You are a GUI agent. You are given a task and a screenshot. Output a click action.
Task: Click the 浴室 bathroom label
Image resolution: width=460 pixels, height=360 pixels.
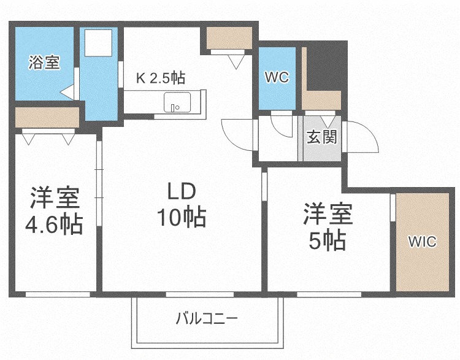44,63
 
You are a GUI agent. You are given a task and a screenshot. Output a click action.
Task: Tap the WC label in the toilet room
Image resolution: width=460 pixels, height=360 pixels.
277,77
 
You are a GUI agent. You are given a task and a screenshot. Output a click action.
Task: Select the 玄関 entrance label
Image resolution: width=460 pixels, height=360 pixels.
322,137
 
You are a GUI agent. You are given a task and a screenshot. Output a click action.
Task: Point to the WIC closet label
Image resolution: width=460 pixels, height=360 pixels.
423,242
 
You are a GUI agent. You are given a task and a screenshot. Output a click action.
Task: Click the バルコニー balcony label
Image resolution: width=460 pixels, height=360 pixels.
207,319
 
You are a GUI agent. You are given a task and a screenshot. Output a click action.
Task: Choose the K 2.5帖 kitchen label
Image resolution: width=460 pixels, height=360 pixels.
161,79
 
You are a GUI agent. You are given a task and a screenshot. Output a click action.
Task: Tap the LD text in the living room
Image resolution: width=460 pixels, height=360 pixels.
182,191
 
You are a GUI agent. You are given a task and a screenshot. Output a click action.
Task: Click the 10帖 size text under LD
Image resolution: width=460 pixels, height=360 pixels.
182,217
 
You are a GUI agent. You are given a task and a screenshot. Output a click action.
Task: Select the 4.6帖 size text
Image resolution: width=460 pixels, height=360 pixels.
54,224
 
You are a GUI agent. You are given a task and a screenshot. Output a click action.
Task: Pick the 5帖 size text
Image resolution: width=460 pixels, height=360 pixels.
328,240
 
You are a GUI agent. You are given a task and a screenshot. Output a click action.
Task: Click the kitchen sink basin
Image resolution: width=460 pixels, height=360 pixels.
177,102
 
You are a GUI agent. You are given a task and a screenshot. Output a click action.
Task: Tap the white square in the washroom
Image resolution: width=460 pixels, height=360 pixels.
99,43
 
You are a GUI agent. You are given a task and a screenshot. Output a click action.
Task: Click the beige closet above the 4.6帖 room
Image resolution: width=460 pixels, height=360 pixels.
47,117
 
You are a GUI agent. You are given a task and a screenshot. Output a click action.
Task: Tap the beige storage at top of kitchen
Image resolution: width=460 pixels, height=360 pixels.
229,38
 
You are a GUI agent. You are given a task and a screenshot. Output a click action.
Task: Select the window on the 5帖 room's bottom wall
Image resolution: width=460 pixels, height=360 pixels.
329,294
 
